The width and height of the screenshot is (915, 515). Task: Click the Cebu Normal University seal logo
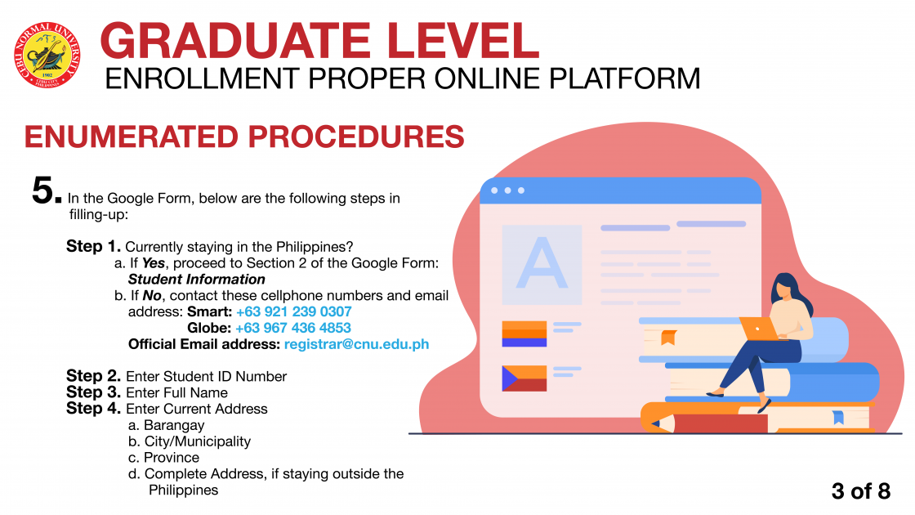(x=47, y=55)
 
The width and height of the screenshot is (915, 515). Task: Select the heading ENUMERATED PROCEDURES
(x=244, y=137)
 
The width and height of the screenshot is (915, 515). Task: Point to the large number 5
(x=46, y=190)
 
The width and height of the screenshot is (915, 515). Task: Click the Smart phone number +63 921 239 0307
(x=293, y=311)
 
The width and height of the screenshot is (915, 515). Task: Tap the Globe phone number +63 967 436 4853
(x=293, y=328)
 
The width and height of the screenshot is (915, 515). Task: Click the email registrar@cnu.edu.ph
(x=356, y=344)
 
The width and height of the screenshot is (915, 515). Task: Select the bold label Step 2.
(x=93, y=376)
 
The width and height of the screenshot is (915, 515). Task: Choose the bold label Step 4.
(x=93, y=408)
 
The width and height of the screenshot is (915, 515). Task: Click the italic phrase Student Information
(x=197, y=279)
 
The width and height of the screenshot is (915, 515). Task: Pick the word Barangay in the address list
(x=174, y=426)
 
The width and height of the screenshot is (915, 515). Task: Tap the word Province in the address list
(x=172, y=458)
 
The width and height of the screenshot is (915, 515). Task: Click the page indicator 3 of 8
(x=861, y=491)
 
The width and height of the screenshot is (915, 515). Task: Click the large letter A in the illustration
(x=542, y=264)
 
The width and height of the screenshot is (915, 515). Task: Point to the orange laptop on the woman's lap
(x=760, y=329)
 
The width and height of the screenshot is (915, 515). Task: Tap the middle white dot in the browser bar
(x=507, y=190)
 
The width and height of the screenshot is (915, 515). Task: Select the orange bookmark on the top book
(x=668, y=338)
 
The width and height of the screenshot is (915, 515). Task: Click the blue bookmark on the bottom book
(x=838, y=417)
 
